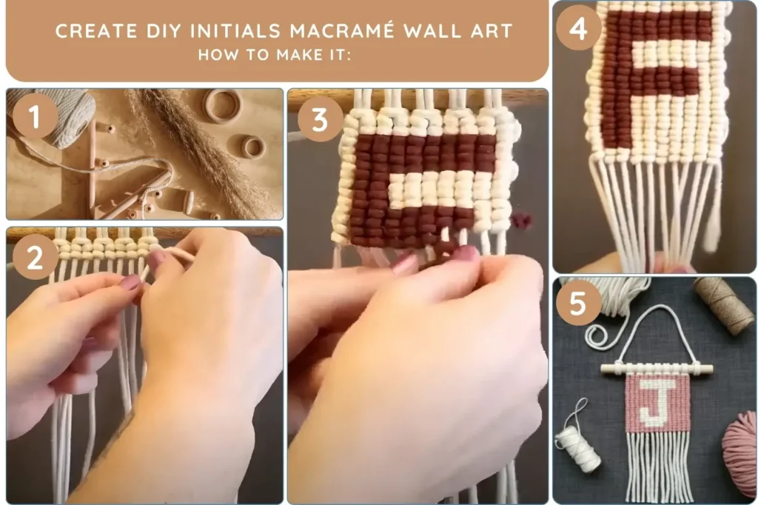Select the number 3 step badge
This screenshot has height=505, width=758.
[x=320, y=118]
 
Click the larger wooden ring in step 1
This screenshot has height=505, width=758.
[x=222, y=106]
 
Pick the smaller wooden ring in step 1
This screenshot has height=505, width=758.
[x=253, y=147]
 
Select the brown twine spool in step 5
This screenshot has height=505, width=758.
[x=724, y=305]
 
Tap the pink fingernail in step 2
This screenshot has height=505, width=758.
[x=130, y=282]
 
